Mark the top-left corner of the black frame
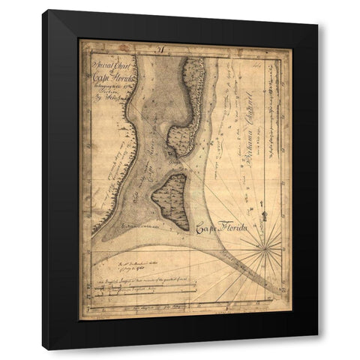(x=43, y=11)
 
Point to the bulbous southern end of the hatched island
(x=182, y=139)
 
